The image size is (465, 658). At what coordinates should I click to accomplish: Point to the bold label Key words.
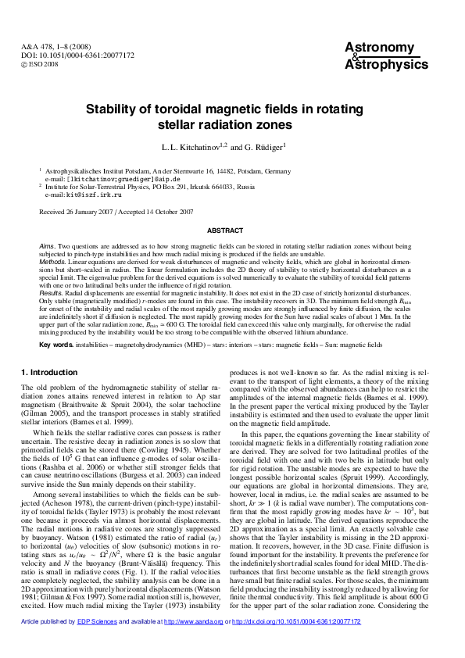pos(55,344)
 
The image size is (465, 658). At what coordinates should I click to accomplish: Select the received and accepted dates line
pos(106,211)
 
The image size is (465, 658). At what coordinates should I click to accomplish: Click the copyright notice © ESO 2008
pos(40,63)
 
